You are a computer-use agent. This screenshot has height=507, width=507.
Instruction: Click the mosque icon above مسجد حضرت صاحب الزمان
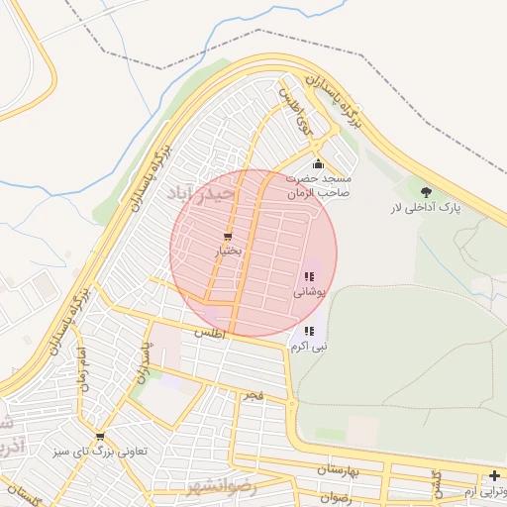(318, 164)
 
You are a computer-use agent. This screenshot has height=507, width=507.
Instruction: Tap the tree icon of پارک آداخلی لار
(426, 192)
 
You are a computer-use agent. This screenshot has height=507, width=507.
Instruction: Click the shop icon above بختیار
(228, 237)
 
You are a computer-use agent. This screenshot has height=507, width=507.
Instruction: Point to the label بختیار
(228, 252)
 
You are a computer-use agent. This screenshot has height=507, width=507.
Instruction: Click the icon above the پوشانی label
(309, 277)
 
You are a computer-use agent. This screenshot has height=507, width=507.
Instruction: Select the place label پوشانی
(309, 293)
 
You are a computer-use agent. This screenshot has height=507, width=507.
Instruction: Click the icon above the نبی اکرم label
(309, 332)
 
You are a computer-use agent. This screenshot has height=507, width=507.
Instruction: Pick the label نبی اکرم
(309, 348)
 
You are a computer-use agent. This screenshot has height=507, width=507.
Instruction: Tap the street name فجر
(254, 396)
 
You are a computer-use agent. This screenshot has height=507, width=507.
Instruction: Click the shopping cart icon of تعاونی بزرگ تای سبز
(99, 436)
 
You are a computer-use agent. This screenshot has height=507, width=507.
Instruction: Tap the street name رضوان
(336, 496)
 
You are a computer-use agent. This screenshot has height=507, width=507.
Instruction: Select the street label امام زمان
(84, 368)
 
